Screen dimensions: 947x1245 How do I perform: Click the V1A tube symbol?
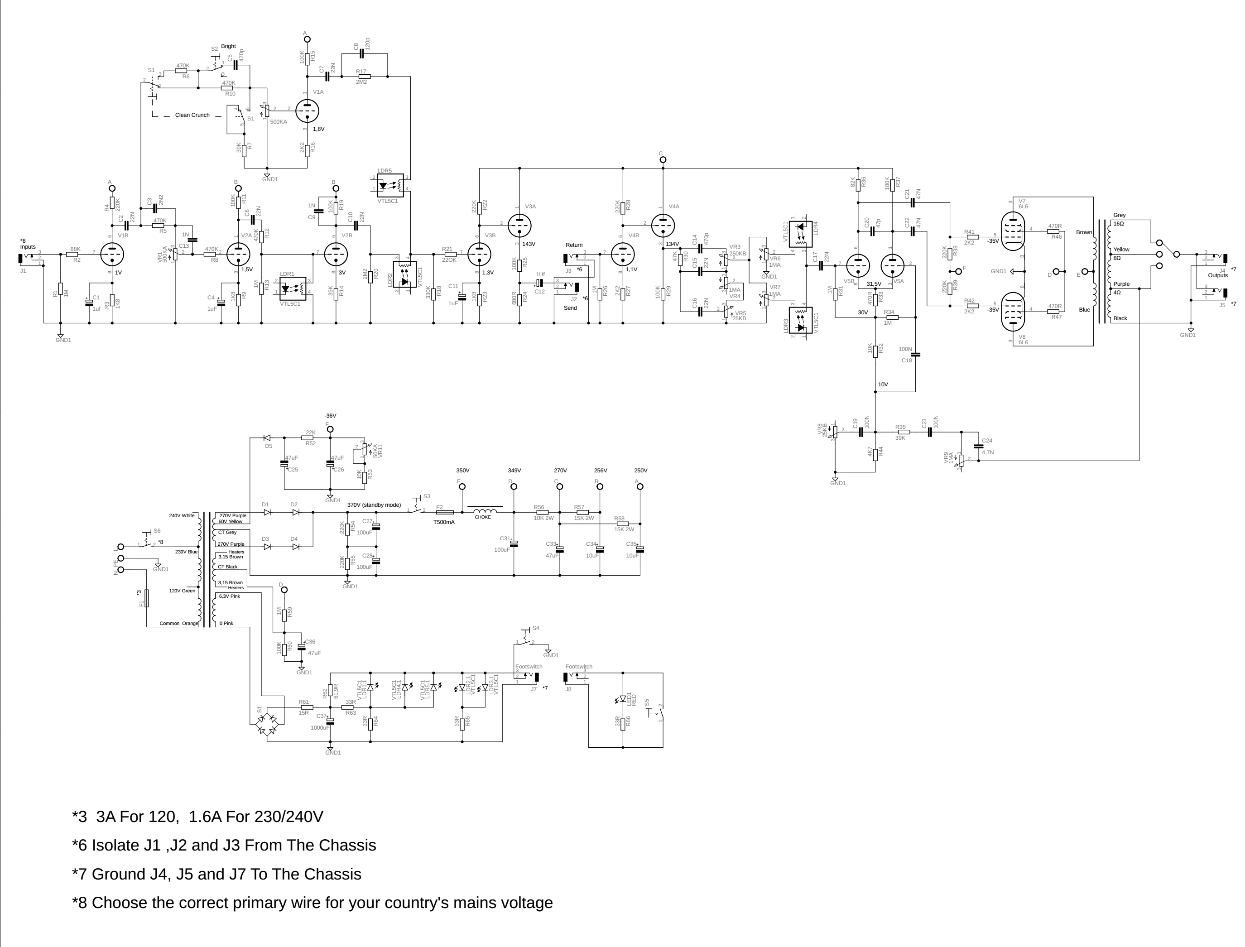[307, 111]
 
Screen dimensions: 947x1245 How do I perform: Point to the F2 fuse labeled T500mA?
[445, 512]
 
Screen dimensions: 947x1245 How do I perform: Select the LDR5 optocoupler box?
[390, 185]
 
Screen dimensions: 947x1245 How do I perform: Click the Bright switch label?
[228, 46]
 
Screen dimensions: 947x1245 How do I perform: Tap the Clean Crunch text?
[192, 115]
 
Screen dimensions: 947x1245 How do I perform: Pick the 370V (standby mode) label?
[374, 505]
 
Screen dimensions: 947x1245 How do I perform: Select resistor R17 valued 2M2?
[364, 76]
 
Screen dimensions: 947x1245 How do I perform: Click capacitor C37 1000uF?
[330, 721]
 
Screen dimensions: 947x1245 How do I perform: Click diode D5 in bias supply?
[267, 438]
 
